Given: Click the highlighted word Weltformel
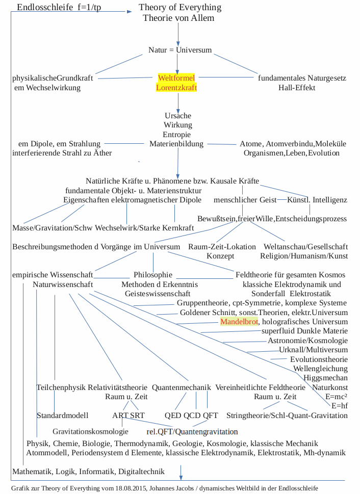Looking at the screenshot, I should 176,78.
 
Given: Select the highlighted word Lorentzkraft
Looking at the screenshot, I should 176,88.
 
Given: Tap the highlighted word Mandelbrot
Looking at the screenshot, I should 239,322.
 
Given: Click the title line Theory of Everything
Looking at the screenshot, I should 180,8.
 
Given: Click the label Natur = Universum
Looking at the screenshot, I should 180,50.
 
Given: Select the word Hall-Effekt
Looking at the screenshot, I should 297,88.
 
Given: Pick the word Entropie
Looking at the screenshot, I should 177,135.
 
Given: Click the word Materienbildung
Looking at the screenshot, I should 176,144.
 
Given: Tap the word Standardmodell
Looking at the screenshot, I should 63,415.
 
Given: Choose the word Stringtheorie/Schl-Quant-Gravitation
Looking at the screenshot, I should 287,415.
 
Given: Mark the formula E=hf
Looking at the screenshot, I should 339,406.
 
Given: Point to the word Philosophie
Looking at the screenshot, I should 153,275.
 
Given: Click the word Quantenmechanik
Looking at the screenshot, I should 181,387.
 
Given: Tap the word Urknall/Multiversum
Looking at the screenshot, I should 314,350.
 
